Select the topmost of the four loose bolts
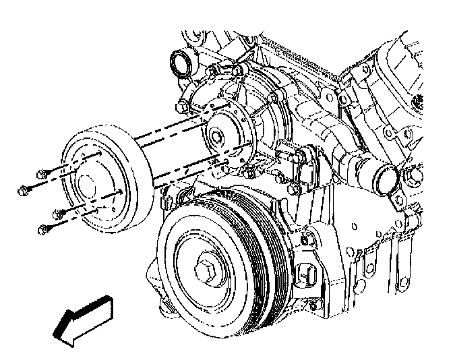(x=42, y=172)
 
